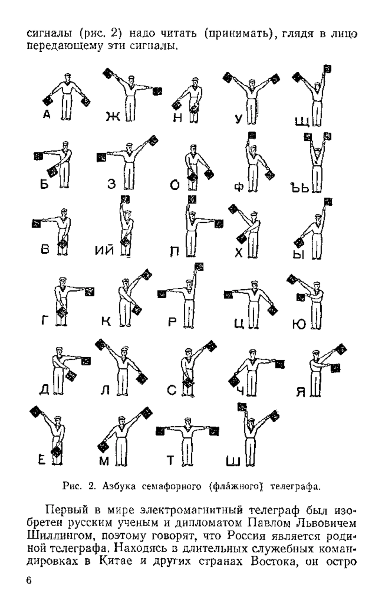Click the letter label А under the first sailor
(47, 114)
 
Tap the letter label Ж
(113, 117)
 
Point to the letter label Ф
(239, 187)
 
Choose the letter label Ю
(299, 324)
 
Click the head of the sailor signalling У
(252, 84)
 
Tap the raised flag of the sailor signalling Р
(199, 266)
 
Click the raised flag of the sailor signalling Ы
(328, 202)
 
